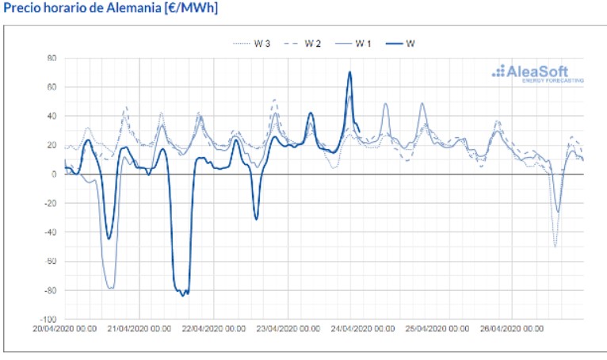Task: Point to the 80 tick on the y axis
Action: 52,58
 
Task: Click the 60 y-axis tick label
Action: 52,87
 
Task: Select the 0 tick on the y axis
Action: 54,174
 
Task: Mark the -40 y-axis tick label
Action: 50,232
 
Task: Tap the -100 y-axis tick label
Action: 48,320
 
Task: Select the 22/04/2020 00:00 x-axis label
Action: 214,327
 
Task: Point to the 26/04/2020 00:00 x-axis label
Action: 513,327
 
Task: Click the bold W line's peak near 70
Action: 349,73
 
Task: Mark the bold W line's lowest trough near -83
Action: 183,295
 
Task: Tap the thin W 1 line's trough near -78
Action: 110,288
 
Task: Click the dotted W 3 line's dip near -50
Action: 555,247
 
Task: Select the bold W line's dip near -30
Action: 256,219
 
